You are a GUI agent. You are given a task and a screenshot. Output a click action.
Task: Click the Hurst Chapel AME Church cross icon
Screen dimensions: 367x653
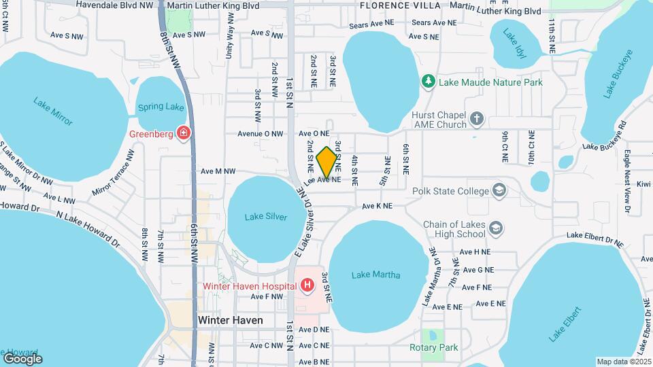click(477, 120)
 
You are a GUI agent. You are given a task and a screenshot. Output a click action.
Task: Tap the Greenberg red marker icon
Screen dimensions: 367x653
click(182, 133)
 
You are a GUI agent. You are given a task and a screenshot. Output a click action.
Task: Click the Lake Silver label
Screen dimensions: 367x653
click(266, 217)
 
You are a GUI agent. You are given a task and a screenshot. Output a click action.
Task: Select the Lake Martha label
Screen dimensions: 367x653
click(375, 275)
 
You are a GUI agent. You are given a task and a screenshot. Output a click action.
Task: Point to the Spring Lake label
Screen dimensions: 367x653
click(161, 107)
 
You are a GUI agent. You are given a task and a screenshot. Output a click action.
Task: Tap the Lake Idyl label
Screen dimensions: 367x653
click(512, 42)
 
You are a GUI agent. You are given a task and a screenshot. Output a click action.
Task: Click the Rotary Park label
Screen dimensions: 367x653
click(434, 348)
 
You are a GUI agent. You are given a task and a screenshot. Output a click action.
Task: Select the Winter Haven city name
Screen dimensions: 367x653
click(230, 320)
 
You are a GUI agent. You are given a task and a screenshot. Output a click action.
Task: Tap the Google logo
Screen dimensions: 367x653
click(22, 358)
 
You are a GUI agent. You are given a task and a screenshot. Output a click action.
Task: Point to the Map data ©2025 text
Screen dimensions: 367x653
click(623, 362)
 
